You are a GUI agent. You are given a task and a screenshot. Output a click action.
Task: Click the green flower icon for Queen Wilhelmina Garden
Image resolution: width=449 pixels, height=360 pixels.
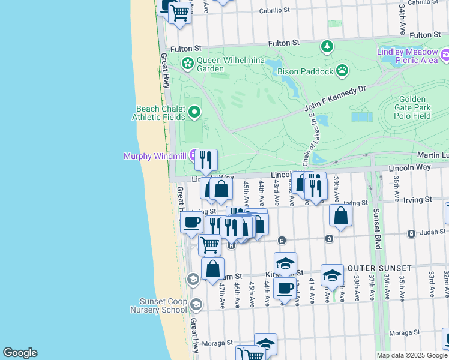tap(188, 62)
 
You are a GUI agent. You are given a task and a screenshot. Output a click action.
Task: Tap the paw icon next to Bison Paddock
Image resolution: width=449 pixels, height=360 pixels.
tap(342, 71)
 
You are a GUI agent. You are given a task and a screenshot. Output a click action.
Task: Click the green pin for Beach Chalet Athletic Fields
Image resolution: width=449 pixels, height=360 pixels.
tap(194, 112)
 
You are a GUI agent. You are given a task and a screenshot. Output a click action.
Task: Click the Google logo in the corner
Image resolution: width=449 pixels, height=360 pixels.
tap(20, 353)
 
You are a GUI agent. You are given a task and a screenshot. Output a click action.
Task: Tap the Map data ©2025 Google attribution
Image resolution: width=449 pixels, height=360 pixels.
tap(412, 355)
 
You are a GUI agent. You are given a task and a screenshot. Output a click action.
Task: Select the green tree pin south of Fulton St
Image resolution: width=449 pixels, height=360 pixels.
tap(327, 46)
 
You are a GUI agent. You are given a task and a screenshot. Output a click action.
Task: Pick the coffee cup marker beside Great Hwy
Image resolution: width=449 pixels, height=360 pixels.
tap(191, 222)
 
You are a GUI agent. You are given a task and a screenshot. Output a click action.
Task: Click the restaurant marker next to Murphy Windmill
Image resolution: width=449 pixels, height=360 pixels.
tap(206, 159)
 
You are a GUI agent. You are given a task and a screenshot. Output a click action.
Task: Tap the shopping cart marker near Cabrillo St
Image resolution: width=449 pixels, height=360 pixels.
tap(179, 12)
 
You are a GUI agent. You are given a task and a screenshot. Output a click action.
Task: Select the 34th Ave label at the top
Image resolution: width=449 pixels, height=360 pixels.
tap(402, 11)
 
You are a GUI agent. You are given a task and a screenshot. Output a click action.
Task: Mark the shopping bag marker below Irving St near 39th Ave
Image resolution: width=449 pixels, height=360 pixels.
tap(340, 215)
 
